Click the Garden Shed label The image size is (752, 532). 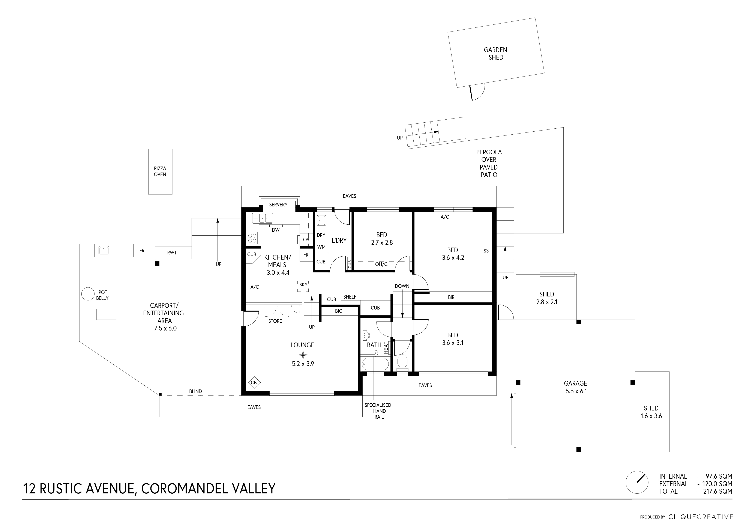[x=495, y=53]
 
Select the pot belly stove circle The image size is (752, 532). [x=88, y=294]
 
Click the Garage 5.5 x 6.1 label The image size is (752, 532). [x=575, y=387]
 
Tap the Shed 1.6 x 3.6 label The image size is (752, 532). [x=651, y=412]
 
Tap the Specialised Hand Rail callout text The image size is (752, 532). [x=378, y=411]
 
